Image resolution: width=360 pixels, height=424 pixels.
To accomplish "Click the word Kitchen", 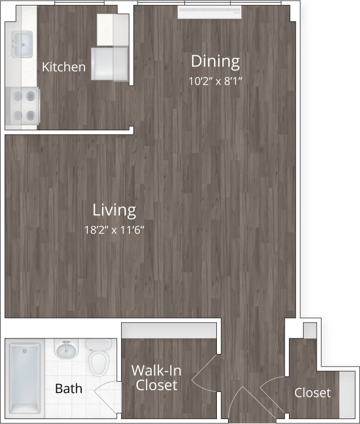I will click(x=64, y=67).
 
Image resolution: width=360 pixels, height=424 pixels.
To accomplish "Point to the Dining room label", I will click(x=215, y=61).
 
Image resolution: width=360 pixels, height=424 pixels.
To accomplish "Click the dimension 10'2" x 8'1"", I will click(x=215, y=81).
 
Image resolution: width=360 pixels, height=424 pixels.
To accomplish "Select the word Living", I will click(x=114, y=210).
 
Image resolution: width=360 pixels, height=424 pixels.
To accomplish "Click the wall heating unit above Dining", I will click(x=209, y=12).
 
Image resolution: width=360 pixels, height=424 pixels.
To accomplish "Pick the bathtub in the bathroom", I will click(x=25, y=377).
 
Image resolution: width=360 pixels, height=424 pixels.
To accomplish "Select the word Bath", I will click(x=69, y=388).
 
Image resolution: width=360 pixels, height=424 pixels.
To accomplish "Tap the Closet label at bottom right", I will click(x=313, y=392).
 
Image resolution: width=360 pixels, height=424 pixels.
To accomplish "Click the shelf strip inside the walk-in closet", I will click(x=169, y=330).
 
